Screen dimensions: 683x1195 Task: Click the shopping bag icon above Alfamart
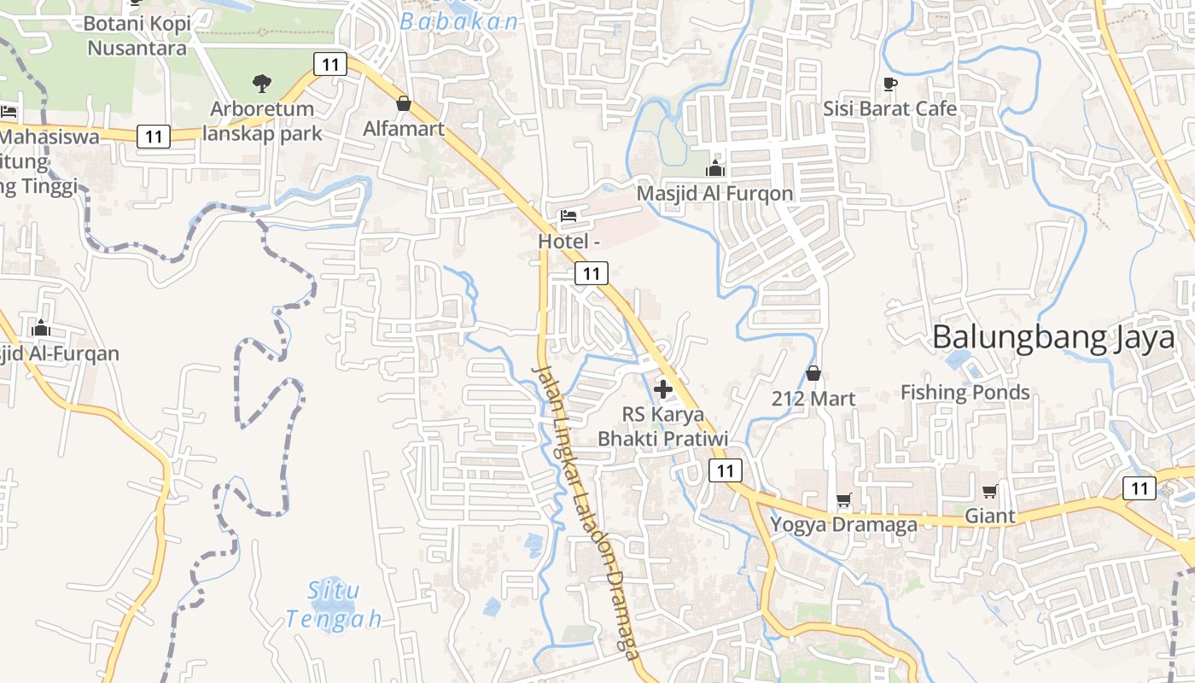pos(404,103)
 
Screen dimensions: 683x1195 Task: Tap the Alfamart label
pos(404,129)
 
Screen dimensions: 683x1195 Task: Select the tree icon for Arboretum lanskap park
pos(262,84)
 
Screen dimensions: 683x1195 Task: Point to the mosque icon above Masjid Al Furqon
pos(715,168)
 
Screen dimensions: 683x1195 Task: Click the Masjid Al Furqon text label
pos(715,194)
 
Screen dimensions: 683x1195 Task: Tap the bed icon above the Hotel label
pos(568,216)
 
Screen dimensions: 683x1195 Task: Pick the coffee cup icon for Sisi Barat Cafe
pos(890,84)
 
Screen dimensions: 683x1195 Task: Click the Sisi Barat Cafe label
pos(890,109)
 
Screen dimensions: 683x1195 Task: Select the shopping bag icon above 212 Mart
pos(813,373)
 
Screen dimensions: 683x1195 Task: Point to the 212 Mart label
pos(813,399)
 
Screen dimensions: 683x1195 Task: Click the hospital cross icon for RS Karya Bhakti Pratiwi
pos(662,390)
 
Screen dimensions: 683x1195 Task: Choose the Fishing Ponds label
pos(965,393)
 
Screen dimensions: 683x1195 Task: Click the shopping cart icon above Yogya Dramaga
pos(844,499)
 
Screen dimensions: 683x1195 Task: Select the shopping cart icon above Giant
pos(990,491)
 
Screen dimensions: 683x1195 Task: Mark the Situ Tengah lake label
pos(334,604)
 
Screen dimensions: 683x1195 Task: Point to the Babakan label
pos(459,22)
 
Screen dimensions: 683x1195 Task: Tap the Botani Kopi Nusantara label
pos(137,35)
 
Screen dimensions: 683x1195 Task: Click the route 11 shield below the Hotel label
pos(592,273)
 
